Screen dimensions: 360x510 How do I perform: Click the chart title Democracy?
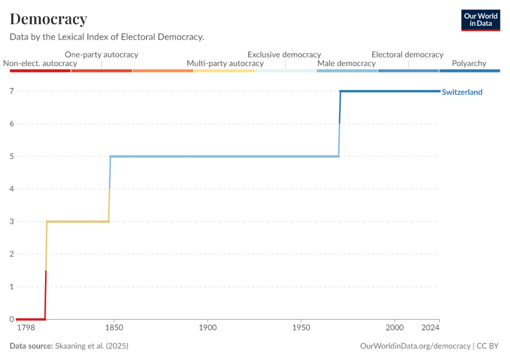49,19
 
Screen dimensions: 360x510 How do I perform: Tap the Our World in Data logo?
481,20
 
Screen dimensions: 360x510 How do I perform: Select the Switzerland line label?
462,92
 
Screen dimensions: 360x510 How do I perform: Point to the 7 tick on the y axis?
11,91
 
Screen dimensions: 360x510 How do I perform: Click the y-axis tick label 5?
11,157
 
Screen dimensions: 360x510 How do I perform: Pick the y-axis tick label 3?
11,221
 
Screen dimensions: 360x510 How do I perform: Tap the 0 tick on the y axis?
11,319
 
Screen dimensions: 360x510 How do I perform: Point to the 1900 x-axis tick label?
208,329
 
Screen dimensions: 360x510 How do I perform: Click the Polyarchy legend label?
470,63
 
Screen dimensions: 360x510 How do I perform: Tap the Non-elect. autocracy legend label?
40,63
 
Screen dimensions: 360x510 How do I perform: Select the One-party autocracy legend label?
101,55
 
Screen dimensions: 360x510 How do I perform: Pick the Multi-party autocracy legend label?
225,63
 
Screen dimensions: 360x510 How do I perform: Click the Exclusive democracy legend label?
284,55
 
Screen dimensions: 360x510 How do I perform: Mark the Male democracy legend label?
346,63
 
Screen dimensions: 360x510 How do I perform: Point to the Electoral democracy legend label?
407,55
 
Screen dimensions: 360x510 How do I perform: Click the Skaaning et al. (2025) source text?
91,346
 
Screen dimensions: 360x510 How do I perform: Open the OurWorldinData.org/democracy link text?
415,346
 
